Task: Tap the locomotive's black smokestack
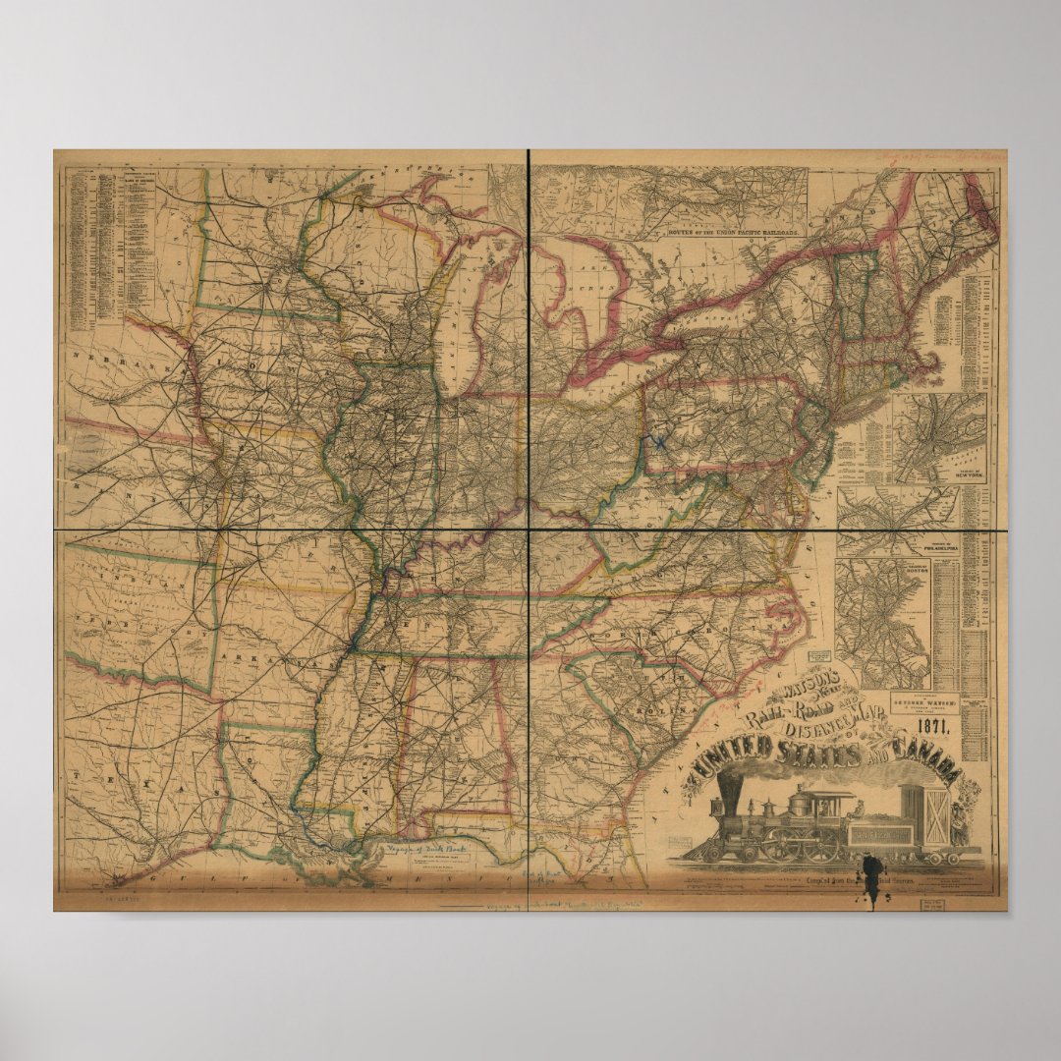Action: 732,794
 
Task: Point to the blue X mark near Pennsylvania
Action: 659,443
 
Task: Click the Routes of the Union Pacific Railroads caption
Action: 726,233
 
